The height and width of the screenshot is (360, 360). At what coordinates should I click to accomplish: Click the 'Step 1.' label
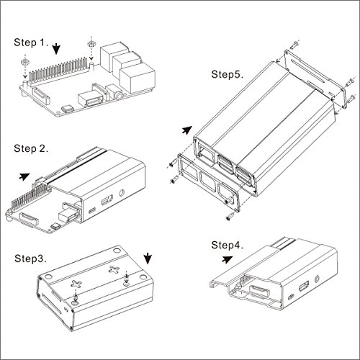point(31,42)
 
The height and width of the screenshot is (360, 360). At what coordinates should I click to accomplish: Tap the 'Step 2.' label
point(31,148)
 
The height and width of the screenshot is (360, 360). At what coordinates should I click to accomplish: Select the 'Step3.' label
point(30,258)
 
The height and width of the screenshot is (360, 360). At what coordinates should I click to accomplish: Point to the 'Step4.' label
point(227,245)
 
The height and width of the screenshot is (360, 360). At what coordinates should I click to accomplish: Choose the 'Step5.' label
point(227,74)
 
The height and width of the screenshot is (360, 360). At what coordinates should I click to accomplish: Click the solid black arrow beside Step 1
point(56,49)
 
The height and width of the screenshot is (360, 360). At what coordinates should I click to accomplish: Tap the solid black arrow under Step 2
point(24,176)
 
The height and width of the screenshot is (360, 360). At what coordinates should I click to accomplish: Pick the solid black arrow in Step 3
point(148,258)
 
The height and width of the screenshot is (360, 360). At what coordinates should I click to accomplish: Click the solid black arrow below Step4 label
point(227,259)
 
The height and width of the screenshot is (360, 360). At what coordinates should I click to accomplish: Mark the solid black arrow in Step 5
point(187,130)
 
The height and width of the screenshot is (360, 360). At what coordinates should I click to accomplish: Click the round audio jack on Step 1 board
point(119,96)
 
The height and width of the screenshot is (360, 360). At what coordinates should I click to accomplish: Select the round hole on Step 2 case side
point(122,193)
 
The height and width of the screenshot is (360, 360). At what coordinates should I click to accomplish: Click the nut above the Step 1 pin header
point(91,44)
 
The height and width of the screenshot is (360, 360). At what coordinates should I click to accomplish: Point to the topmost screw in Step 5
point(295,45)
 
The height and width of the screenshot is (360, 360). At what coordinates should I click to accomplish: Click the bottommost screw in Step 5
point(230,217)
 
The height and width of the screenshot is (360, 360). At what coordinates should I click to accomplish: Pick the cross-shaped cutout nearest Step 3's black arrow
point(114,269)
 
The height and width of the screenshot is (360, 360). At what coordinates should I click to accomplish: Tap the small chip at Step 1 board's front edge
point(67,109)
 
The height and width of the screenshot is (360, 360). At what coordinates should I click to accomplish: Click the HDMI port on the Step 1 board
point(91,99)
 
